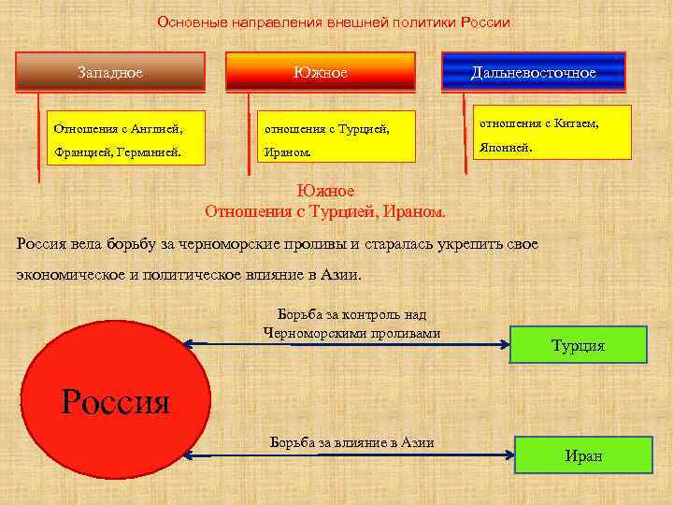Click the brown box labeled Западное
pos(110,71)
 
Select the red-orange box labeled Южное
pos(321,71)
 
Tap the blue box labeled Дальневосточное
pos(533,71)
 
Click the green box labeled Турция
pos(579,345)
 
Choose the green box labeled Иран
pos(584,455)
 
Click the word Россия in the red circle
pos(115,401)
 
